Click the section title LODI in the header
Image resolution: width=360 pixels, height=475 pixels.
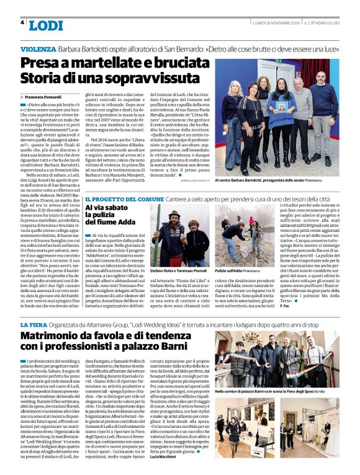45,25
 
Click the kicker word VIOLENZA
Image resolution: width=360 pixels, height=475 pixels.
38,48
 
